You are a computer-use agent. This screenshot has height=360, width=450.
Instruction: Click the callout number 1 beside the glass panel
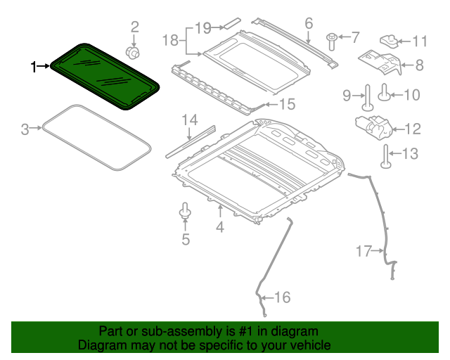(32, 67)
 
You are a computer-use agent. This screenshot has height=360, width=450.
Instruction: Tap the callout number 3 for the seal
(25, 129)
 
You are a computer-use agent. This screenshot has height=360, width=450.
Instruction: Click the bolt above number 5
(186, 209)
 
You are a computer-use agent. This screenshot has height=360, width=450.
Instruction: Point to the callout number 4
(220, 227)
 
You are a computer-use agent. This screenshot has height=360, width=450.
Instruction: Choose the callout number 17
(281, 298)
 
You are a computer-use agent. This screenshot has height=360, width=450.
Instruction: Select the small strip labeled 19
(171, 41)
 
